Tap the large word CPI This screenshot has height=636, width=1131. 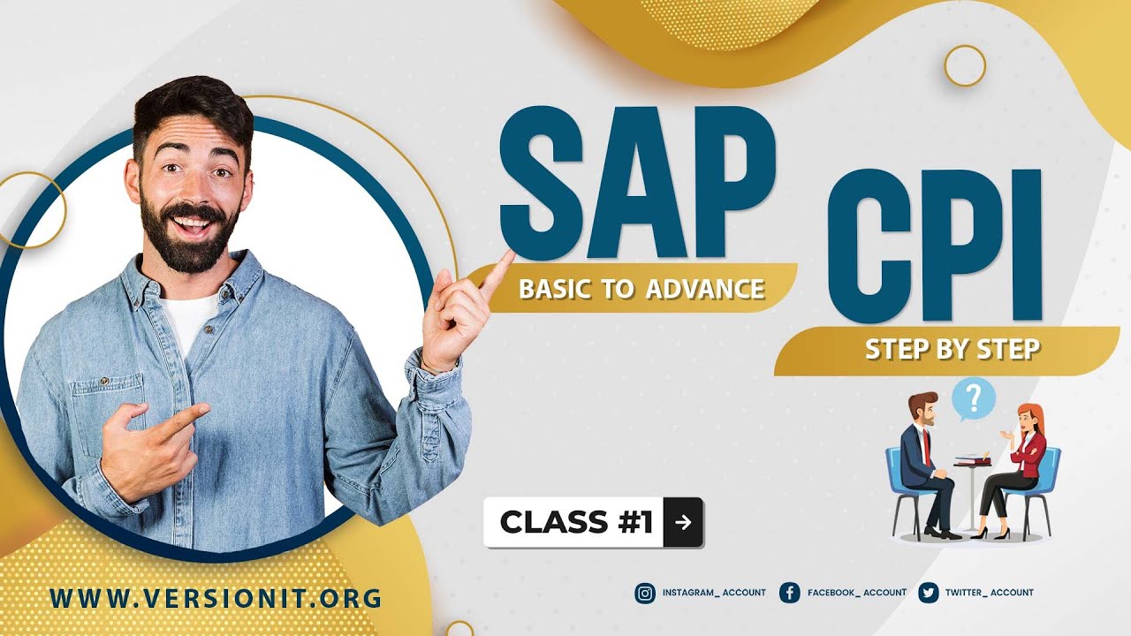pyautogui.click(x=935, y=246)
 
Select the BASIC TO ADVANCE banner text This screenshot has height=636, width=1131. pyautogui.click(x=641, y=289)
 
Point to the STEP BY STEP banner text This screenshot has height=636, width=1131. pyautogui.click(x=952, y=350)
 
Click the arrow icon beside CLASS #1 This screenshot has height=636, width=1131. pyautogui.click(x=682, y=522)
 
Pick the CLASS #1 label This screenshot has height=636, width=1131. pyautogui.click(x=576, y=522)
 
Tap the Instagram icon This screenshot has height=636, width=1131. pyautogui.click(x=645, y=593)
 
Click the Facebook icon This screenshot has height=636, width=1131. pyautogui.click(x=789, y=593)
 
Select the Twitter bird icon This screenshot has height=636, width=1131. pyautogui.click(x=928, y=593)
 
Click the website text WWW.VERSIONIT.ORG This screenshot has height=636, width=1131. pyautogui.click(x=216, y=598)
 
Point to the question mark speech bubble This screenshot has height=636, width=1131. pyautogui.click(x=974, y=399)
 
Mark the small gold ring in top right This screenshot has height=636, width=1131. pyautogui.click(x=965, y=65)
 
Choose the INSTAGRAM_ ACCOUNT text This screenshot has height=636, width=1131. pyautogui.click(x=714, y=593)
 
